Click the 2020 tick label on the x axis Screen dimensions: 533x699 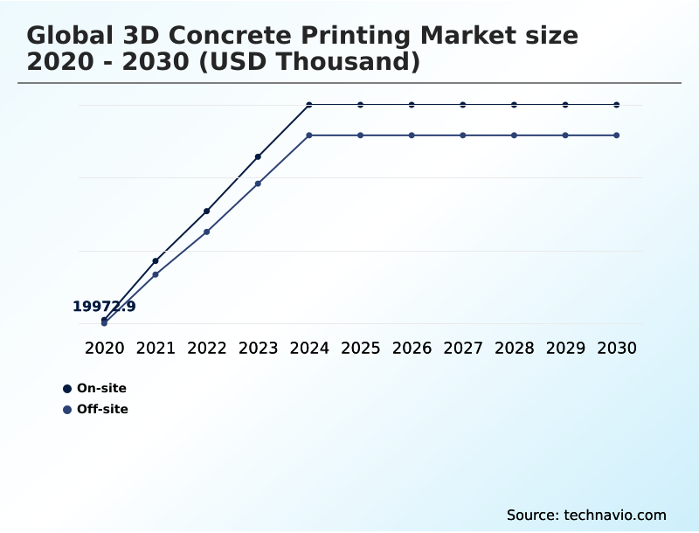pyautogui.click(x=105, y=348)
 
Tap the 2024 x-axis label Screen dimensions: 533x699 pyautogui.click(x=309, y=348)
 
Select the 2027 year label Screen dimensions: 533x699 pyautogui.click(x=463, y=348)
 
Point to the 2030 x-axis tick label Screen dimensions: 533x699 pyautogui.click(x=617, y=348)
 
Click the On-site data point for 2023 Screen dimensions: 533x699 pyautogui.click(x=258, y=156)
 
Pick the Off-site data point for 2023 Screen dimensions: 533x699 pyautogui.click(x=258, y=183)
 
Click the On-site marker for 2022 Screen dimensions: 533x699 pyautogui.click(x=207, y=211)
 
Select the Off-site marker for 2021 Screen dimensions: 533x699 pyautogui.click(x=156, y=274)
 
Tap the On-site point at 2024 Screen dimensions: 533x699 pyautogui.click(x=309, y=105)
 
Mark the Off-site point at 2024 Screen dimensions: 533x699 pyautogui.click(x=309, y=135)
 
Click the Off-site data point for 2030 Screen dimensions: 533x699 pyautogui.click(x=617, y=135)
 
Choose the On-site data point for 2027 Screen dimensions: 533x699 pyautogui.click(x=463, y=105)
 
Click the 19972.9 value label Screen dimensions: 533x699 pyautogui.click(x=104, y=307)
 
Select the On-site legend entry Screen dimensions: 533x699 pyautogui.click(x=101, y=389)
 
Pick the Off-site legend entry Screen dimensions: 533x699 pyautogui.click(x=102, y=409)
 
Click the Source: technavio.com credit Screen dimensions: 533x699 pyautogui.click(x=586, y=515)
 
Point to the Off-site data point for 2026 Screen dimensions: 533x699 pyautogui.click(x=412, y=135)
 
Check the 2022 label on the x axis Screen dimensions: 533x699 pyautogui.click(x=207, y=348)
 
